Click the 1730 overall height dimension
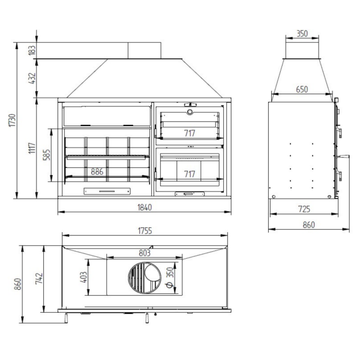(x=12, y=121)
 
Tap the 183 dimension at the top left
(x=32, y=50)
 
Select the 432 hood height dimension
(x=32, y=78)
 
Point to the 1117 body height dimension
(x=32, y=148)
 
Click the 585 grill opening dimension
(x=47, y=155)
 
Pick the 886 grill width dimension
(x=97, y=172)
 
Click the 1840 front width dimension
(x=145, y=208)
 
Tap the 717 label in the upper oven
(x=190, y=133)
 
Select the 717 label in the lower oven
(x=190, y=174)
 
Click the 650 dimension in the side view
(x=302, y=89)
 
